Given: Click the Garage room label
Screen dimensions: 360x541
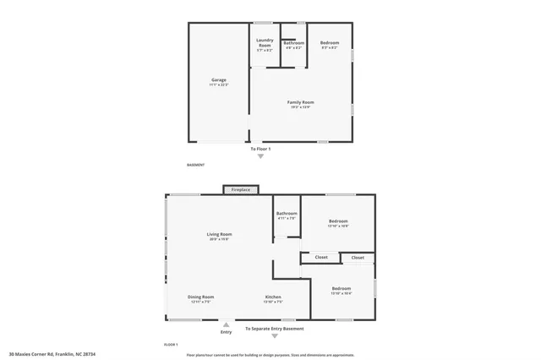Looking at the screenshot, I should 219,81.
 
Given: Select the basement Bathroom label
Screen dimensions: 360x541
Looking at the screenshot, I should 293,43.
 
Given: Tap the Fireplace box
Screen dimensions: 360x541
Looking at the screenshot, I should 241,189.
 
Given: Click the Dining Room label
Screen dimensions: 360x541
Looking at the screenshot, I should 200,297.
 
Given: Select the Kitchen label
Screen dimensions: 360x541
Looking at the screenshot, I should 273,297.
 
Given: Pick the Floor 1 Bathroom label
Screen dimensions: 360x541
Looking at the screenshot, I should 287,214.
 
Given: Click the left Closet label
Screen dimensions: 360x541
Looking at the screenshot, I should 321,257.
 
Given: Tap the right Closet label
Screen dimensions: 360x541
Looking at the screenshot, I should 358,257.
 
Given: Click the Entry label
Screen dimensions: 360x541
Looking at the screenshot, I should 226,331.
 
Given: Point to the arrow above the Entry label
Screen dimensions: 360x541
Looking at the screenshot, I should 226,323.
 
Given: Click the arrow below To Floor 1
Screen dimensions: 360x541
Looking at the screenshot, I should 260,155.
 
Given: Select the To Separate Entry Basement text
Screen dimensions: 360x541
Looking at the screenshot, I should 274,328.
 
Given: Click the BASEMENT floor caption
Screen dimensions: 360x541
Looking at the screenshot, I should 194,165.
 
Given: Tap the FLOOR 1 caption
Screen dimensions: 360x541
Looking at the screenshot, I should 171,345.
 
